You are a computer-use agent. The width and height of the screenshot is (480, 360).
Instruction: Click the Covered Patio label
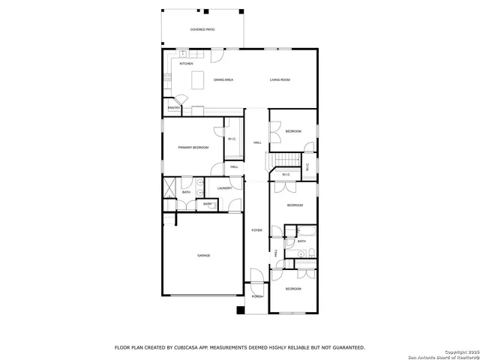tap(202, 29)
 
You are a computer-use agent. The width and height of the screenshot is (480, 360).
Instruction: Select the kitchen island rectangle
tap(199, 79)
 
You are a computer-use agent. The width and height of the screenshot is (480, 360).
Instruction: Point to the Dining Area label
tap(224, 79)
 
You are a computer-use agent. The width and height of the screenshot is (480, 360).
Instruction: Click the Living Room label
tap(280, 79)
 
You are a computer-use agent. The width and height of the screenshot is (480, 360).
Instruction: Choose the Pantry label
tap(173, 108)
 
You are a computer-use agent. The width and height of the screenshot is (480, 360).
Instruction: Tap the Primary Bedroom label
tap(193, 148)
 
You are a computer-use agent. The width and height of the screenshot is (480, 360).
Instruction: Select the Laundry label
tap(224, 188)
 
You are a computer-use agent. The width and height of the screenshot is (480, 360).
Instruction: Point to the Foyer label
tap(256, 230)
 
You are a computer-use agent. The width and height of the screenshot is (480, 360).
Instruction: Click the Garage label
tap(203, 256)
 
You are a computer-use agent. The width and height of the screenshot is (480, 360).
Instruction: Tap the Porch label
tap(256, 297)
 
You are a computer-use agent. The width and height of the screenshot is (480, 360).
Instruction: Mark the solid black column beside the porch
tap(240, 310)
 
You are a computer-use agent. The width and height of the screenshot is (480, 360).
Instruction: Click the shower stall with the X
tap(170, 185)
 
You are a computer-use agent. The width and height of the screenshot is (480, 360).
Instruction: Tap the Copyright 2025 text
tap(458, 352)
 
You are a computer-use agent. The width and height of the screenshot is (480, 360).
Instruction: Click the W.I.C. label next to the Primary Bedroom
tap(232, 139)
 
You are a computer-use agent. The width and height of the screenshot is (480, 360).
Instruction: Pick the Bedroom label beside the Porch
tap(292, 289)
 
